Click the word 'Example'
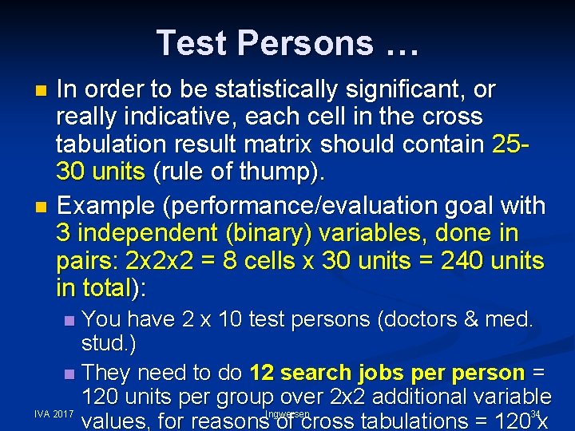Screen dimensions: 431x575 click(105, 206)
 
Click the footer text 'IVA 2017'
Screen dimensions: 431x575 click(54, 415)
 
